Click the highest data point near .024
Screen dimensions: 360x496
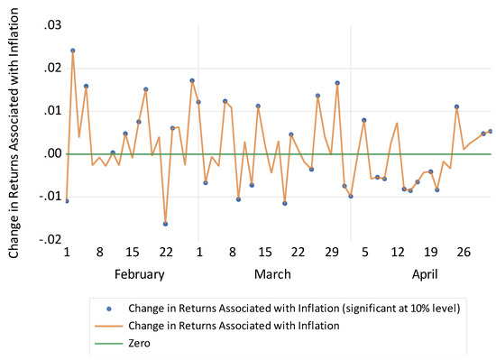click(73, 51)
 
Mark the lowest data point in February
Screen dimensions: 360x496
click(166, 223)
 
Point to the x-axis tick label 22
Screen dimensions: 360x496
click(166, 252)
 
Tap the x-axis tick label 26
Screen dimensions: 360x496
click(464, 252)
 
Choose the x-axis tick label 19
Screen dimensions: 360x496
click(430, 252)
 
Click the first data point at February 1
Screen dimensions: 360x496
click(67, 200)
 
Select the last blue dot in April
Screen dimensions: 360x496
click(490, 131)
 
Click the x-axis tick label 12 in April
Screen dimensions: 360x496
click(398, 252)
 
